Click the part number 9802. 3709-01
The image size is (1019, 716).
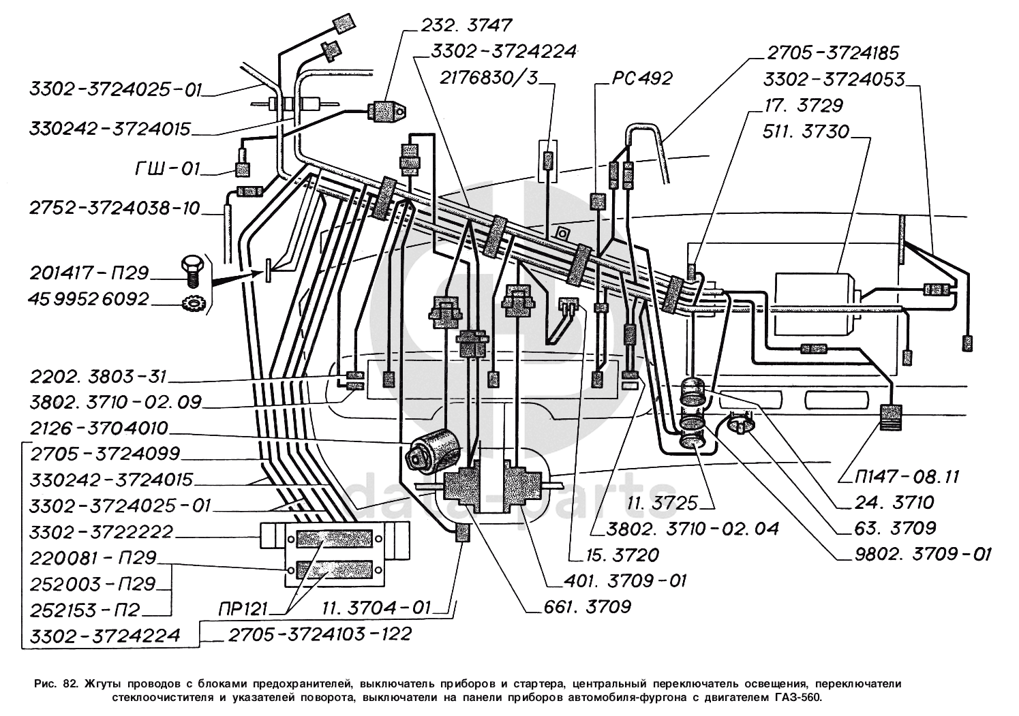tap(923, 553)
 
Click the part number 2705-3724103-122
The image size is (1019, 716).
tap(320, 634)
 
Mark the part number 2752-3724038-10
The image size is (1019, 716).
tap(114, 208)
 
